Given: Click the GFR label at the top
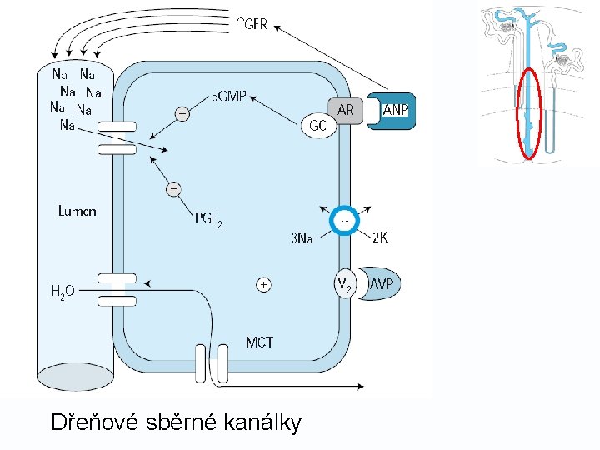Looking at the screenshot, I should click(x=252, y=24).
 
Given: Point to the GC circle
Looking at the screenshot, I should click(x=317, y=126).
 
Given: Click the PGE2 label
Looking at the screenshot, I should click(x=208, y=219).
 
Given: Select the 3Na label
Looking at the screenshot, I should click(x=302, y=239).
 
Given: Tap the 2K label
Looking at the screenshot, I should click(x=379, y=237).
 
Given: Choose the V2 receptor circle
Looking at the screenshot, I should click(x=346, y=284).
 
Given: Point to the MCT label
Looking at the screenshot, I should click(x=259, y=342).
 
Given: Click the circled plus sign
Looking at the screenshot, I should click(x=263, y=284).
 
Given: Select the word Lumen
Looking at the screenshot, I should click(x=77, y=212).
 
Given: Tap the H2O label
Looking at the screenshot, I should click(x=62, y=291).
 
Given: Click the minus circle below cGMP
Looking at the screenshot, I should click(x=181, y=112).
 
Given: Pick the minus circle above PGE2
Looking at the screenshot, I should click(x=173, y=189).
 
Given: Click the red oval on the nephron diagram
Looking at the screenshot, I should click(x=528, y=113).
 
